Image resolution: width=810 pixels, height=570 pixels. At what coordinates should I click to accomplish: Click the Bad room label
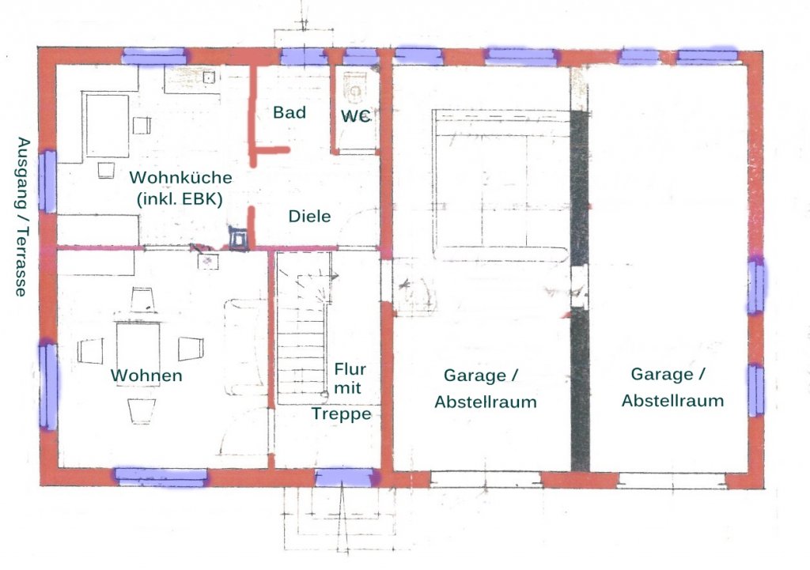tap(290, 112)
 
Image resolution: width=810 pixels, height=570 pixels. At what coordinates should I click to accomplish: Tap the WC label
tap(355, 116)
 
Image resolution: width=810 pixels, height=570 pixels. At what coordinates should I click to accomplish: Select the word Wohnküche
tap(180, 177)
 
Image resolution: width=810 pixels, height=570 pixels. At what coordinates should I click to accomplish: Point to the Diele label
tap(309, 216)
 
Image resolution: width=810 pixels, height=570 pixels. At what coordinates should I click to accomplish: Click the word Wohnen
tap(146, 376)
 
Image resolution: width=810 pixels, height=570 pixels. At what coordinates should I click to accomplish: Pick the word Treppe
tap(341, 413)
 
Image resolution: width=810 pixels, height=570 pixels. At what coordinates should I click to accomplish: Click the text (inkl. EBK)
tap(180, 198)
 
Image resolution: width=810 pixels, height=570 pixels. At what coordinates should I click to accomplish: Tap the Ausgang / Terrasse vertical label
tap(21, 217)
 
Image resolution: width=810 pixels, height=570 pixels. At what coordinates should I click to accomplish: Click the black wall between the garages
tap(580, 289)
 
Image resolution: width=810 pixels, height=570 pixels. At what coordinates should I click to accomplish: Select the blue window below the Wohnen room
tap(161, 477)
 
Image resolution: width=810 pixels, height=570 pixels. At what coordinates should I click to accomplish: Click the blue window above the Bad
tap(304, 56)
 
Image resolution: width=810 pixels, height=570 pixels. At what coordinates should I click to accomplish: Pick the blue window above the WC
tap(361, 56)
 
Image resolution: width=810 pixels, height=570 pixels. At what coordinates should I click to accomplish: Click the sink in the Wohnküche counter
tap(209, 77)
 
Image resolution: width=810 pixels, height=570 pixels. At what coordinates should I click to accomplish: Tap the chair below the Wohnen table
tap(142, 410)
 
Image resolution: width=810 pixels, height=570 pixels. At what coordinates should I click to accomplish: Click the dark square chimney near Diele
tap(239, 239)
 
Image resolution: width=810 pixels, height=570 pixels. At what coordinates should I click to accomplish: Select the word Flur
tap(350, 369)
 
